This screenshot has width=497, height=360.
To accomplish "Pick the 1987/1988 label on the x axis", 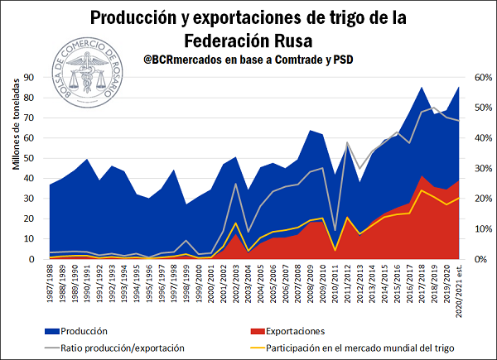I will point(52,286).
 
